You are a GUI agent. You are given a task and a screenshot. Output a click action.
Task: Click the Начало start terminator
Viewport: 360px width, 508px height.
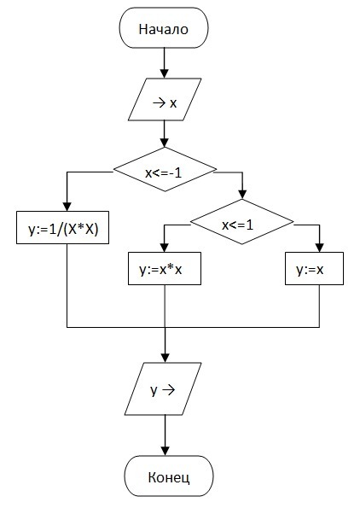click(164, 28)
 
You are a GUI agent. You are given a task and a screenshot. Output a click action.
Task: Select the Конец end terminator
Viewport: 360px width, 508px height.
click(169, 476)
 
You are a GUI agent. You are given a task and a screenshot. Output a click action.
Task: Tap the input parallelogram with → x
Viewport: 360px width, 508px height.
click(165, 99)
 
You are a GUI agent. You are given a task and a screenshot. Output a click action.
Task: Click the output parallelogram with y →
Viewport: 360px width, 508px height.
click(163, 388)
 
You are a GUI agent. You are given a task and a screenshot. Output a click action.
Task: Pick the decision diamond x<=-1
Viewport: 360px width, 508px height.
click(165, 169)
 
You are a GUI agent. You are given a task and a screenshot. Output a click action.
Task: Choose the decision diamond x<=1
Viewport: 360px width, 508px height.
click(241, 222)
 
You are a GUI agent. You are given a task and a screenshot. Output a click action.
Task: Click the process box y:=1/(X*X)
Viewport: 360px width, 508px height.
click(63, 227)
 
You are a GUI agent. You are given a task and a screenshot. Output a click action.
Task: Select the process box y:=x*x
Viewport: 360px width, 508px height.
click(165, 269)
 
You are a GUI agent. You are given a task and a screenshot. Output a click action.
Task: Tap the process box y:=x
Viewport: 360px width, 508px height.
click(314, 269)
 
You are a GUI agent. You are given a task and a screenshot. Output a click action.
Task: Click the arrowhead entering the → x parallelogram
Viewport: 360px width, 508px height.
click(165, 74)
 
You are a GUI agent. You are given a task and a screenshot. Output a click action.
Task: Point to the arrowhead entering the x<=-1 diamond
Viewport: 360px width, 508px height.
click(165, 143)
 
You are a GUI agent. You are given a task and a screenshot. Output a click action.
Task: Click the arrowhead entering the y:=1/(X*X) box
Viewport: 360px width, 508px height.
click(67, 207)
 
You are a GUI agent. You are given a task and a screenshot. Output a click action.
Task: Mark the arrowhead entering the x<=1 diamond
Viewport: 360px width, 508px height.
click(242, 195)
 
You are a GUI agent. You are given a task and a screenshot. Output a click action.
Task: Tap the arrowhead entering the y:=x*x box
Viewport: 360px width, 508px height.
click(165, 248)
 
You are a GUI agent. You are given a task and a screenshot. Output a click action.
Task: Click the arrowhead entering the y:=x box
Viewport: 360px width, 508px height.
click(320, 248)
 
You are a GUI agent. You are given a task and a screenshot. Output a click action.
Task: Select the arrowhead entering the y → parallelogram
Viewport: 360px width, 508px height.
click(165, 358)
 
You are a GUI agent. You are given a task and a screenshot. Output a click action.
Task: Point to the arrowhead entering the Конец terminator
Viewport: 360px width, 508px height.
click(165, 451)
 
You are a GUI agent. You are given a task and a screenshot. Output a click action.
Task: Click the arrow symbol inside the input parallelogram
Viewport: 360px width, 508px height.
click(160, 103)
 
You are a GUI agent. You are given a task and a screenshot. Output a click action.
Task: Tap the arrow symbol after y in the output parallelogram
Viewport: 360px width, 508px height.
click(168, 390)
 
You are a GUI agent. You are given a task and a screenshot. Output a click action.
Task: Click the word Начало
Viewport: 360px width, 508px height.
click(164, 29)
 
